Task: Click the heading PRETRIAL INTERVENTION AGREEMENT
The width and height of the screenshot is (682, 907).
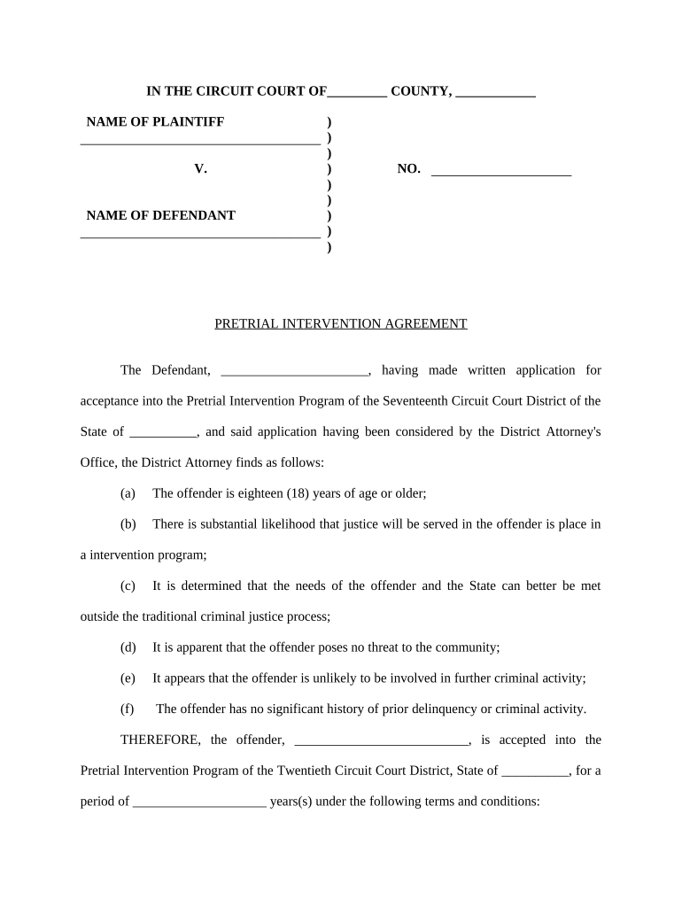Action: pyautogui.click(x=340, y=324)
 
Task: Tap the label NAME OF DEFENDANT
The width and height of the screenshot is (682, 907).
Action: pyautogui.click(x=160, y=215)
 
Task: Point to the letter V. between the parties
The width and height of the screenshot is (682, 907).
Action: pyautogui.click(x=200, y=168)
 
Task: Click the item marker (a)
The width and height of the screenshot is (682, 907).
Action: pyautogui.click(x=128, y=493)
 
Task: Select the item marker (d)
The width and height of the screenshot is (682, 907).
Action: pyautogui.click(x=128, y=647)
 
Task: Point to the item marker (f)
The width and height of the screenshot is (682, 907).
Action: pyautogui.click(x=128, y=709)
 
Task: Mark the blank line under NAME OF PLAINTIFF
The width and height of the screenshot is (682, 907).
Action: pyautogui.click(x=199, y=141)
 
